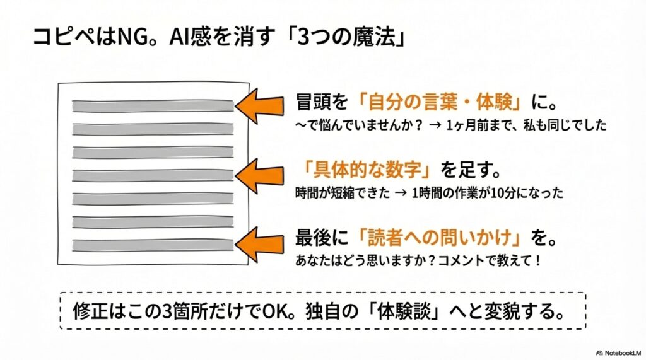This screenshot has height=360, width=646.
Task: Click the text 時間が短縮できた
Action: pyautogui.click(x=337, y=193)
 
